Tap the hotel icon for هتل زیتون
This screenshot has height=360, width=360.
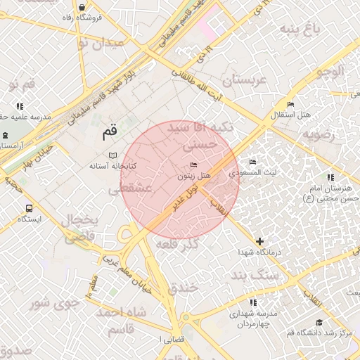pos(194,165)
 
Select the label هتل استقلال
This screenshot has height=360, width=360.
pos(292,115)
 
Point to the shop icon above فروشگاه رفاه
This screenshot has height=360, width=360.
pos(83,7)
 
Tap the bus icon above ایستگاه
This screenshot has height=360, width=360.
pos(29,208)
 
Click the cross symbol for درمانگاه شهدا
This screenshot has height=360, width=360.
pos(260,241)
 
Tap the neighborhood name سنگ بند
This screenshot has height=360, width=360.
pos(259,276)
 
